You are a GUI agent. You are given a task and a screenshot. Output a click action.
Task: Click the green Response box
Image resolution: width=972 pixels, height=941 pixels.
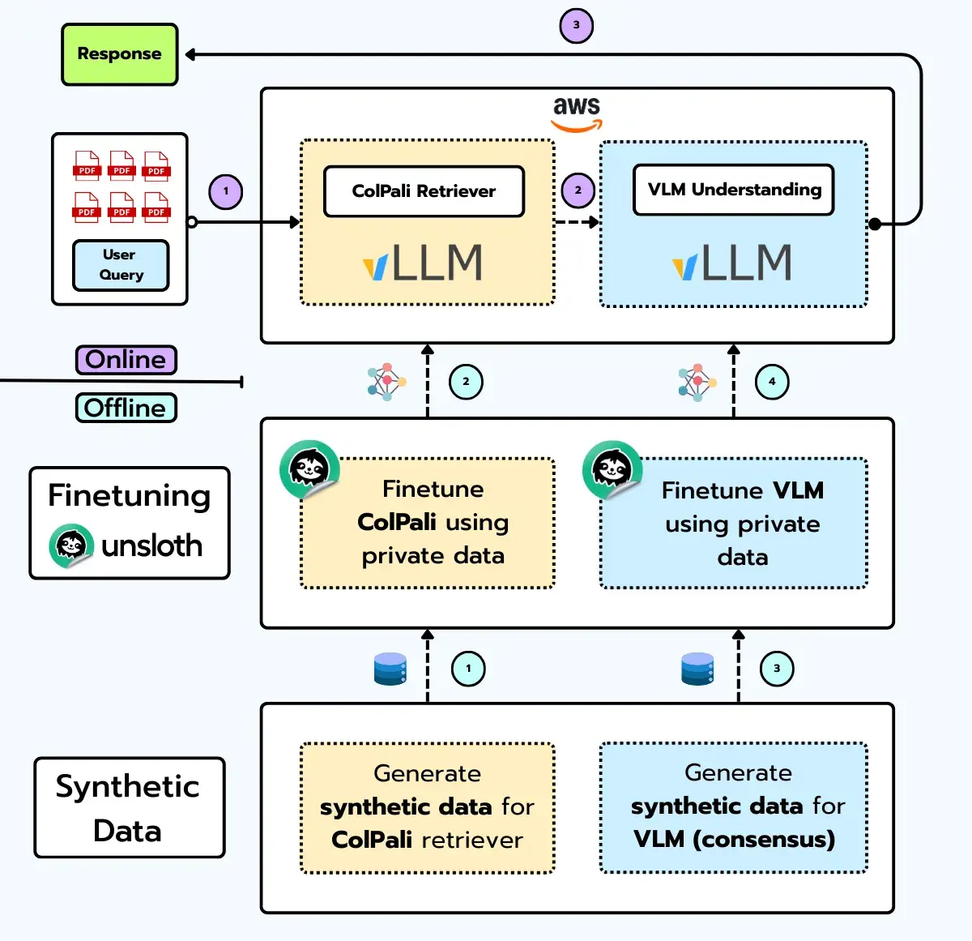point(119,54)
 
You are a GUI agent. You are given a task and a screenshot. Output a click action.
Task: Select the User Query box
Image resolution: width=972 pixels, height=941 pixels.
point(121,265)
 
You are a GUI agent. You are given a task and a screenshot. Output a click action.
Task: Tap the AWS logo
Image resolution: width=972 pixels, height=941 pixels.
point(577,113)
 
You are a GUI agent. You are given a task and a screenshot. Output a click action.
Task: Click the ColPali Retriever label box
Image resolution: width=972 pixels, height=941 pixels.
point(424,191)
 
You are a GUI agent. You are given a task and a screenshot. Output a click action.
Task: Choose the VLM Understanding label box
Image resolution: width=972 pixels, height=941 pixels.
point(733,190)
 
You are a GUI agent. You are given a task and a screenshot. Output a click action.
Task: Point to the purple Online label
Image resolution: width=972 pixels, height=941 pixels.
point(126,360)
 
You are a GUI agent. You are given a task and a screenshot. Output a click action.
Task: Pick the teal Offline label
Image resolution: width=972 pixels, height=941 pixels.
point(126,408)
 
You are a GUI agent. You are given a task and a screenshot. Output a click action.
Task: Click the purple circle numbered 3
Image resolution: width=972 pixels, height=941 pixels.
point(577,25)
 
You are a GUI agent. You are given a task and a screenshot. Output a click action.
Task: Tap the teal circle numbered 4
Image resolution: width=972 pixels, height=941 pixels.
point(772,382)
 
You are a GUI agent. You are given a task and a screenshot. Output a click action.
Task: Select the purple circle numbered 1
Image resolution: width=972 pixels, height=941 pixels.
point(226,192)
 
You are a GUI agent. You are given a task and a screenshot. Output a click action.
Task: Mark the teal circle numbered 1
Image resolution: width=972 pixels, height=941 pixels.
point(468,669)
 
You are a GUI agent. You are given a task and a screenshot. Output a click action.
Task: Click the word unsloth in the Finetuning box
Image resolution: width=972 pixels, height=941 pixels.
point(151,546)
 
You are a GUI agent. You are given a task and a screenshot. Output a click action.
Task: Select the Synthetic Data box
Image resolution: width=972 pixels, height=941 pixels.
point(129,808)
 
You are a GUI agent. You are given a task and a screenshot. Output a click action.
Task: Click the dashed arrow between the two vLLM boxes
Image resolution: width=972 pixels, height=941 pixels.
point(577,222)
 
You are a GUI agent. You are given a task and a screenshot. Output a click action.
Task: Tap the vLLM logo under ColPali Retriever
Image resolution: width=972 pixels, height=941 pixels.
point(423,263)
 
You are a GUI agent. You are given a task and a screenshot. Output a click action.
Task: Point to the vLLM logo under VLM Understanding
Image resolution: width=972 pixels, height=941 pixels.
point(732,263)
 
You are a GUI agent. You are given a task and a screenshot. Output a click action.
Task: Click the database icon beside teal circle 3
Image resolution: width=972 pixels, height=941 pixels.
point(697,669)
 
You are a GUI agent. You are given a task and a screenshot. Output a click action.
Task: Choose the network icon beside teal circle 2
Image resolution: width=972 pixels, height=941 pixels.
point(386,382)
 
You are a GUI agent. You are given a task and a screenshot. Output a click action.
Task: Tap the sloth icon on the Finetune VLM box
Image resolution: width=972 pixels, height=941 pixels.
point(612,470)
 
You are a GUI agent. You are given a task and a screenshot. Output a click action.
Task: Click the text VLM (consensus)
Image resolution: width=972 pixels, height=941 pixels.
point(734,839)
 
